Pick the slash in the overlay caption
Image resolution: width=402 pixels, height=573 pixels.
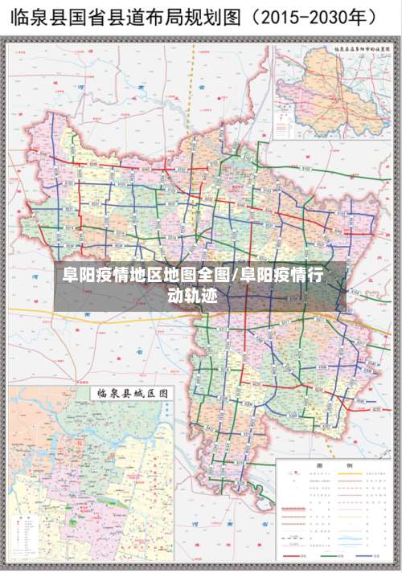click(236, 276)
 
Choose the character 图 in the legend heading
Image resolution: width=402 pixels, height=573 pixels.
click(320, 466)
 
